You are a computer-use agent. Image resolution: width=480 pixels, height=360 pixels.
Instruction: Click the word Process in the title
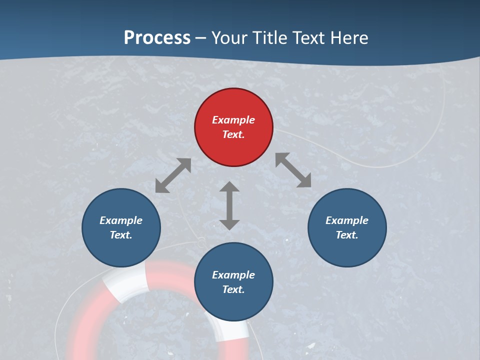click(157, 37)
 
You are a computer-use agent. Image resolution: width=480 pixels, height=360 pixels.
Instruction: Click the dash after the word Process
click(200, 38)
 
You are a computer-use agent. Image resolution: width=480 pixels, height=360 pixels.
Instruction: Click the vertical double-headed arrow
click(229, 205)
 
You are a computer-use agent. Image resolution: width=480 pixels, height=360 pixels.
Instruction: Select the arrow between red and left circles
click(173, 175)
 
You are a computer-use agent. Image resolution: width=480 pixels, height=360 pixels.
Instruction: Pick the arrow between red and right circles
click(293, 170)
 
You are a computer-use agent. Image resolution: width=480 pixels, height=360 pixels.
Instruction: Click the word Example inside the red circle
click(233, 120)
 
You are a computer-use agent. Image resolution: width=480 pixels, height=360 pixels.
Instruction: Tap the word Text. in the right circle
click(347, 235)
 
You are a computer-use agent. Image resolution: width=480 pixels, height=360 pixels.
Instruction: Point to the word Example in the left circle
click(121, 220)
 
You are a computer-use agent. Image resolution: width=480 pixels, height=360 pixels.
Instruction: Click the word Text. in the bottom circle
click(233, 289)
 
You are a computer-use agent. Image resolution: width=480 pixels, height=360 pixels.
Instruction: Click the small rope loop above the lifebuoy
click(200, 243)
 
